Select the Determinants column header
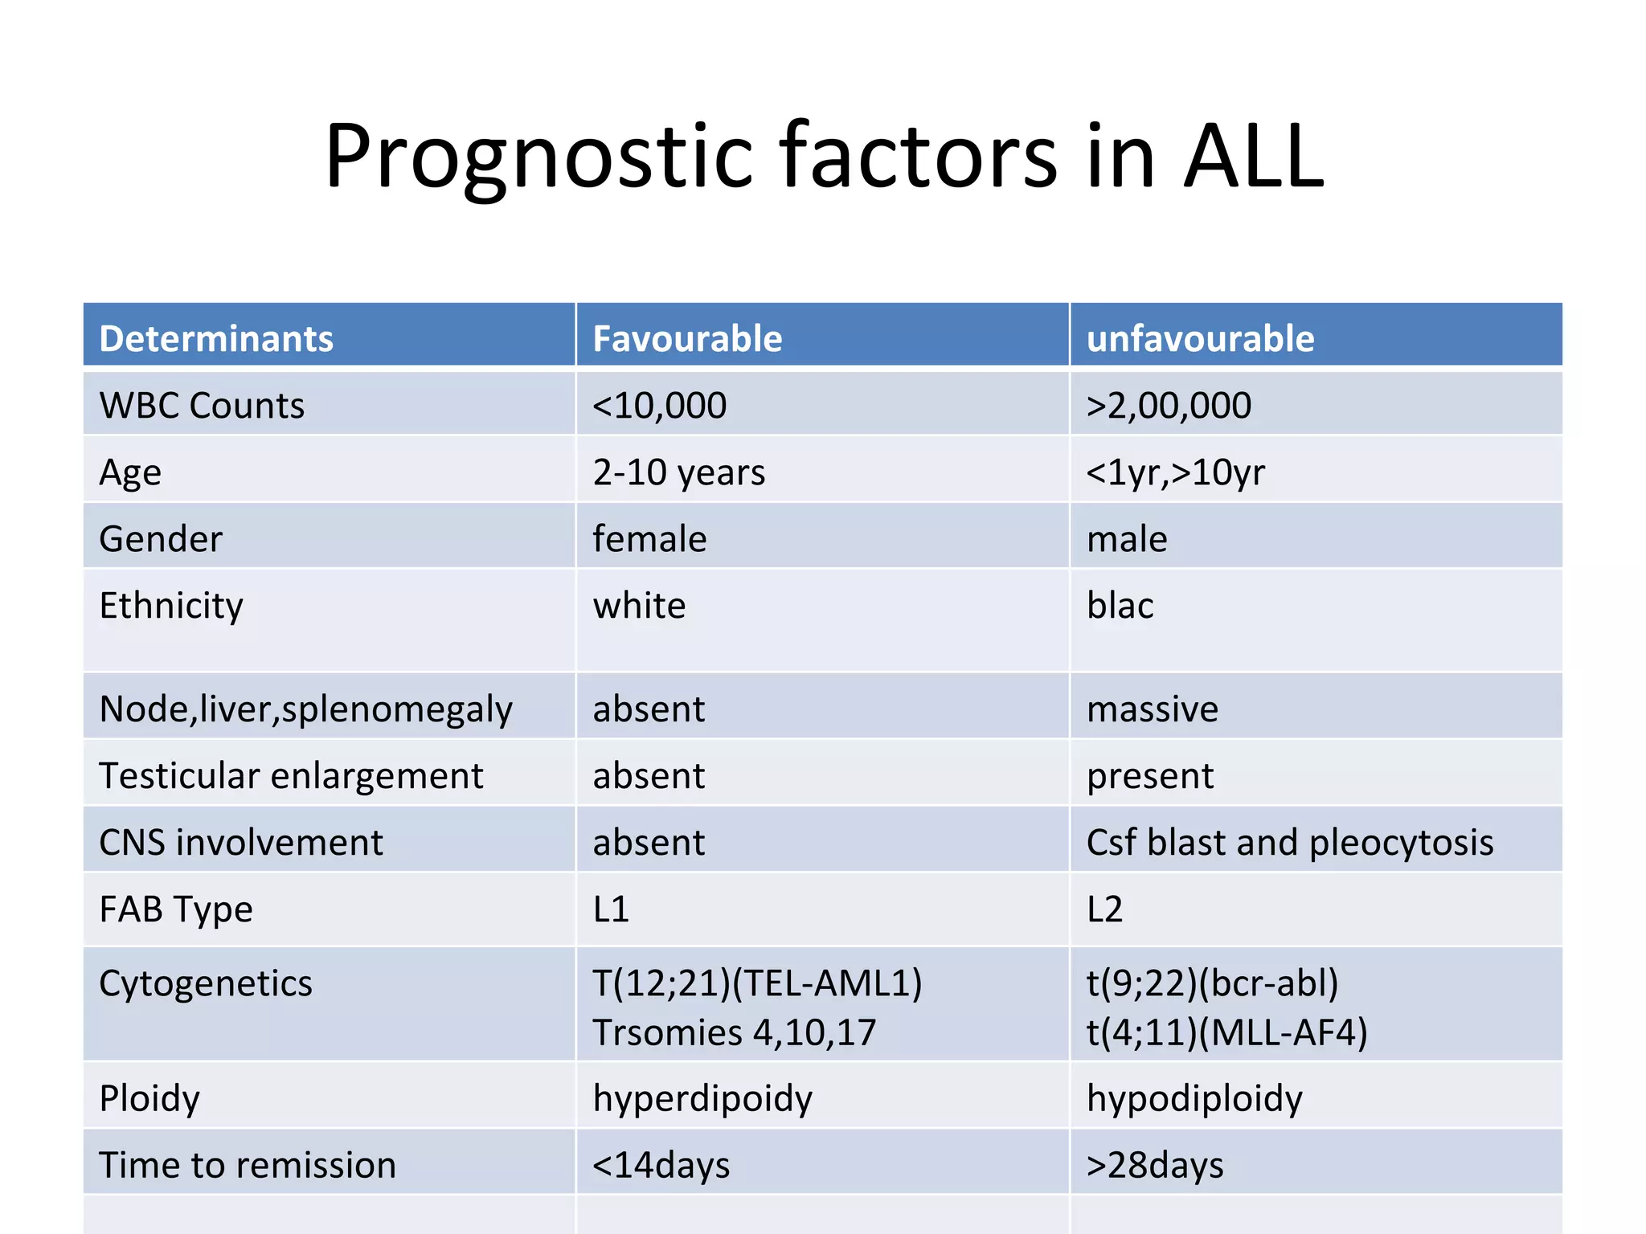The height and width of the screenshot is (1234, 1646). click(215, 338)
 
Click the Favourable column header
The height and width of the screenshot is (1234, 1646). click(687, 338)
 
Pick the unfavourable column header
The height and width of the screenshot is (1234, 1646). click(1200, 338)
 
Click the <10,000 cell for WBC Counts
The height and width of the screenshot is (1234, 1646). click(659, 405)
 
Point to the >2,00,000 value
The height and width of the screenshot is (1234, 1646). click(1169, 405)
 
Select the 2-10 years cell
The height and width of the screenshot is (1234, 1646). click(679, 472)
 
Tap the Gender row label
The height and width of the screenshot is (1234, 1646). click(161, 538)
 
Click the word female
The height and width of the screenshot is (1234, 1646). click(649, 538)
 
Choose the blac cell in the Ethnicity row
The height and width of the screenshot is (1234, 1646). click(1120, 605)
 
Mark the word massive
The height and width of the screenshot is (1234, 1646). click(1152, 709)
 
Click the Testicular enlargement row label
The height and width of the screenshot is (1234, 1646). click(291, 776)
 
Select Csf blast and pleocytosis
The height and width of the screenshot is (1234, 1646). click(1289, 842)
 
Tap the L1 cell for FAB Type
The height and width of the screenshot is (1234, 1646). click(611, 909)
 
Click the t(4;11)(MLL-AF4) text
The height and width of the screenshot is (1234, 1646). click(1226, 1032)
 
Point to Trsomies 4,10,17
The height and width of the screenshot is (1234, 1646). click(734, 1032)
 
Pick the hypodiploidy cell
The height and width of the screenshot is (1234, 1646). click(1194, 1098)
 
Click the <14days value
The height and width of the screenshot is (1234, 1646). click(661, 1165)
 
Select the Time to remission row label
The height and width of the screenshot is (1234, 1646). click(248, 1165)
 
